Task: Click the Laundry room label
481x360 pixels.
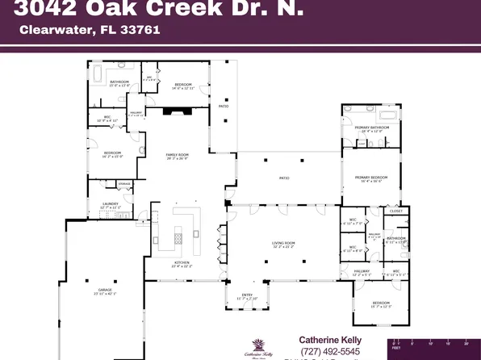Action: click(111, 205)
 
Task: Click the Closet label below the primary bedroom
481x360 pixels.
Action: click(395, 211)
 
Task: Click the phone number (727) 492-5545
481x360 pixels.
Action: click(330, 351)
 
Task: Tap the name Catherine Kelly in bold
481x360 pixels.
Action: click(331, 340)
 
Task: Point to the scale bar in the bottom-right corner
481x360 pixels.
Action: click(436, 345)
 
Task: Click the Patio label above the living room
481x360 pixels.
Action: click(284, 178)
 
